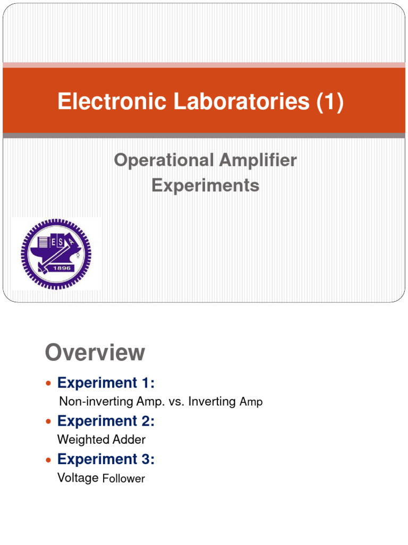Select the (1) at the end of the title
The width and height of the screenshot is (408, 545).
(x=329, y=102)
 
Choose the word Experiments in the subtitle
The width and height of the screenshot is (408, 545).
(x=206, y=185)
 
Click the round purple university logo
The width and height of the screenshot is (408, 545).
(x=56, y=253)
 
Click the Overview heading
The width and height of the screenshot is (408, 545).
(x=95, y=352)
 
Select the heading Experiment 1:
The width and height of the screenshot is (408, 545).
(x=106, y=383)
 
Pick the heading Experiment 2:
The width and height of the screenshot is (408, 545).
(x=106, y=421)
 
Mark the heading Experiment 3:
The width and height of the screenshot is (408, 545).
(x=106, y=459)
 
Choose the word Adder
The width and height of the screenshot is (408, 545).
(x=128, y=440)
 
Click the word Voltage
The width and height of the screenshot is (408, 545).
(x=78, y=477)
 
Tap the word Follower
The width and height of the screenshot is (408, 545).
(x=123, y=478)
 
